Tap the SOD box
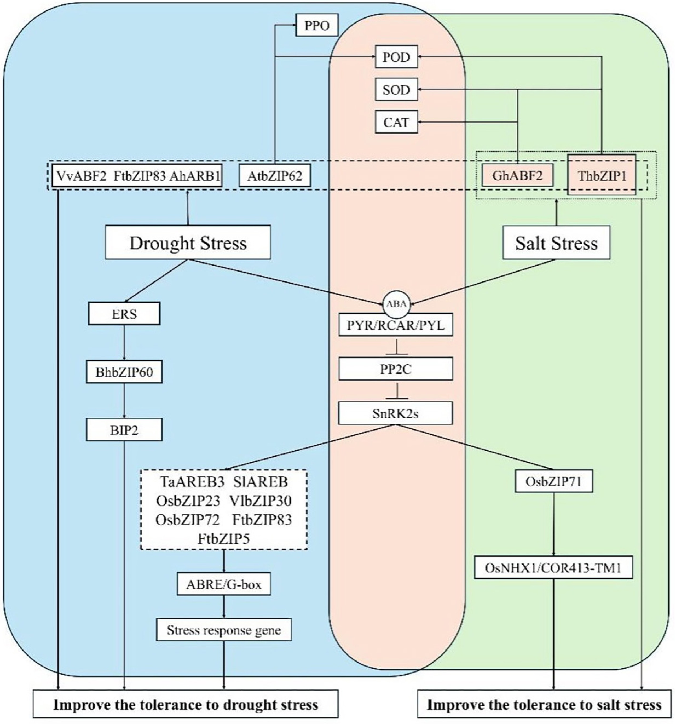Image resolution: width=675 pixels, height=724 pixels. [x=396, y=90]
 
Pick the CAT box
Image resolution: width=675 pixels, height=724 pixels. [x=396, y=122]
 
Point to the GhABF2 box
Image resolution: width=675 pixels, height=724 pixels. [x=517, y=176]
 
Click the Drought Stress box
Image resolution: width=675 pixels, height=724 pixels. [x=188, y=243]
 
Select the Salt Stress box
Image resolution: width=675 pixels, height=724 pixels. [x=556, y=243]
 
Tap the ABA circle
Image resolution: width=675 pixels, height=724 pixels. [x=396, y=304]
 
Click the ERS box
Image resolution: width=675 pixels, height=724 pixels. [x=124, y=314]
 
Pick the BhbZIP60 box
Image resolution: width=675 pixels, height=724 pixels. [x=124, y=372]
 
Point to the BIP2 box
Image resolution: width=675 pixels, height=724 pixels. [x=124, y=430]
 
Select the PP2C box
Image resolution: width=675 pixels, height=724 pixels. [x=395, y=369]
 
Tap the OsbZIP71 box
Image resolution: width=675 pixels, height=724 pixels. [x=554, y=481]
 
